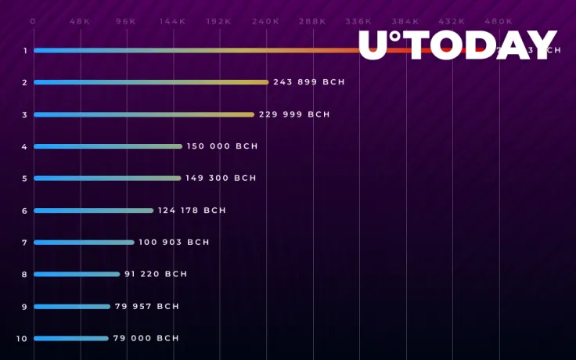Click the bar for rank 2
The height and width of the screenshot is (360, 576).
pyautogui.click(x=150, y=82)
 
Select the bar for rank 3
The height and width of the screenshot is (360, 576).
pyautogui.click(x=143, y=114)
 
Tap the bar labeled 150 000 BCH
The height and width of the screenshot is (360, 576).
pyautogui.click(x=107, y=146)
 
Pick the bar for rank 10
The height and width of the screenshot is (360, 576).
pyautogui.click(x=70, y=338)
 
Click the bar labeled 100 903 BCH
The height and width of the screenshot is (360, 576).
pyautogui.click(x=84, y=243)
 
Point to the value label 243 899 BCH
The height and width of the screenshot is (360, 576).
pyautogui.click(x=309, y=82)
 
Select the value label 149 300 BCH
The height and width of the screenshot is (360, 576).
pyautogui.click(x=221, y=178)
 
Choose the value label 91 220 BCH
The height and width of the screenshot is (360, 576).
pyautogui.click(x=156, y=275)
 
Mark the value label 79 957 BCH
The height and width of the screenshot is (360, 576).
pyautogui.click(x=147, y=307)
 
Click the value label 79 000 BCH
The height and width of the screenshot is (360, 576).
pyautogui.click(x=146, y=338)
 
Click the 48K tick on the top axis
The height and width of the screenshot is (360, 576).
pyautogui.click(x=79, y=22)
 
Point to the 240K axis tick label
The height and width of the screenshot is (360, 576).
pyautogui.click(x=266, y=22)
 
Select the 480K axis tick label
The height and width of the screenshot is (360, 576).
pyautogui.click(x=499, y=22)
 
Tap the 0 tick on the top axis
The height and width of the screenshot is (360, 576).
pyautogui.click(x=33, y=22)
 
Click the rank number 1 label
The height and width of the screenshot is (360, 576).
pyautogui.click(x=25, y=51)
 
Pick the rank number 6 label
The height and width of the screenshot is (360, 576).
pyautogui.click(x=25, y=211)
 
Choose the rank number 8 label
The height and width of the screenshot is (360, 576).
pyautogui.click(x=25, y=275)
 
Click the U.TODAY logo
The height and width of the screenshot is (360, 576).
pyautogui.click(x=458, y=45)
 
